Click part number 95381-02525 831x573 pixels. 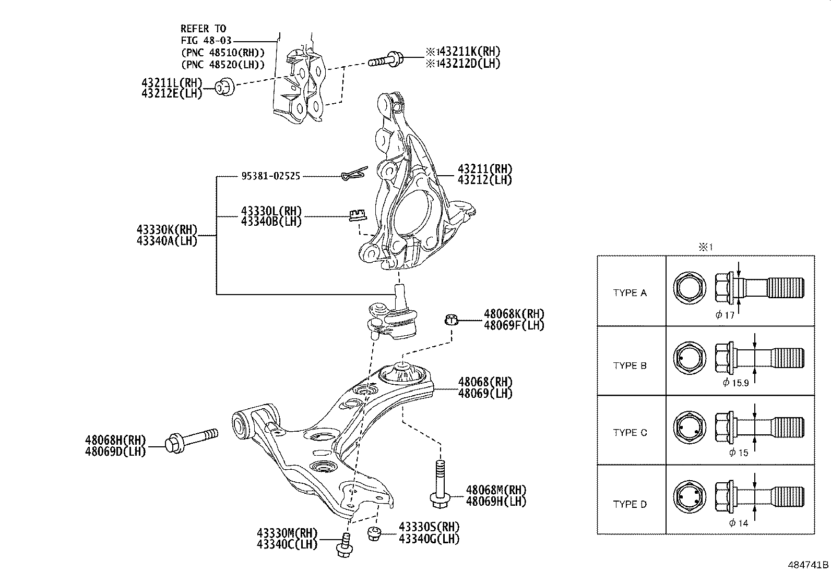270,176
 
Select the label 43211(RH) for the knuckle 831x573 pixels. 484,169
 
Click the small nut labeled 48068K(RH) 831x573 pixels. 452,319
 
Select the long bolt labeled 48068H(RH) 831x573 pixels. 191,440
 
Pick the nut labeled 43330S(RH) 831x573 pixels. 374,533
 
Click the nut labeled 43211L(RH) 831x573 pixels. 225,87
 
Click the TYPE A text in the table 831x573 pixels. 630,293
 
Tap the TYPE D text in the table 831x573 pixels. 630,504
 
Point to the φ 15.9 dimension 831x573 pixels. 736,383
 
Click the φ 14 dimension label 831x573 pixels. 739,523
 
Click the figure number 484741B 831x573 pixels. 808,565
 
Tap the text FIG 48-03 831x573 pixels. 206,40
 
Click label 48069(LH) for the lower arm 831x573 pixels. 485,393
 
